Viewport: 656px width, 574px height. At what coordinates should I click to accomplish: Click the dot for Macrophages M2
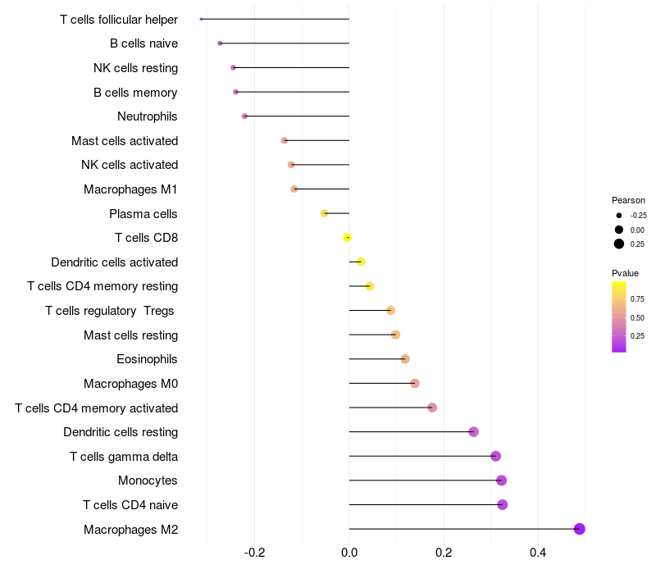tap(579, 529)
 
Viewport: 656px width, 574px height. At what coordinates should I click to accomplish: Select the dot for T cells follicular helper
tap(201, 19)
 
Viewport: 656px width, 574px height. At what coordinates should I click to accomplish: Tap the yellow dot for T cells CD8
tap(347, 238)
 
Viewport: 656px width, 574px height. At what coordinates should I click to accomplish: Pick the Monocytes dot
tap(501, 481)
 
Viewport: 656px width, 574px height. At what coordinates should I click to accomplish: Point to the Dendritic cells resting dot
tap(473, 432)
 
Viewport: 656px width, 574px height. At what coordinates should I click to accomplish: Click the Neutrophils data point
tap(244, 116)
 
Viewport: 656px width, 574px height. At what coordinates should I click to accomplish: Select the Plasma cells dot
tap(324, 213)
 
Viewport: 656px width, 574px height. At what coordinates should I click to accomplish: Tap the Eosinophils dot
tap(404, 359)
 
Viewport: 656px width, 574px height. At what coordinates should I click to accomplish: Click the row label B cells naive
tap(143, 43)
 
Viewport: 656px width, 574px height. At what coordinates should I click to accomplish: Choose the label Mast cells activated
tap(125, 141)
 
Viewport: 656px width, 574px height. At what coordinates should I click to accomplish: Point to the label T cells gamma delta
tap(124, 457)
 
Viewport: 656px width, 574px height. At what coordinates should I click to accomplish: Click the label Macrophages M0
tap(130, 384)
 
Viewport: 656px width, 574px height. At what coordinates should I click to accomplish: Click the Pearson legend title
tap(628, 200)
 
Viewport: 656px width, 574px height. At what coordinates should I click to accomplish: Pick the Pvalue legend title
tap(625, 273)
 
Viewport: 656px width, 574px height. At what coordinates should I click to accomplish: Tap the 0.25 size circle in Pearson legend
tap(618, 244)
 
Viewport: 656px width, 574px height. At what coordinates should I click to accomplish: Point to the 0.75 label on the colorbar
tap(637, 298)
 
